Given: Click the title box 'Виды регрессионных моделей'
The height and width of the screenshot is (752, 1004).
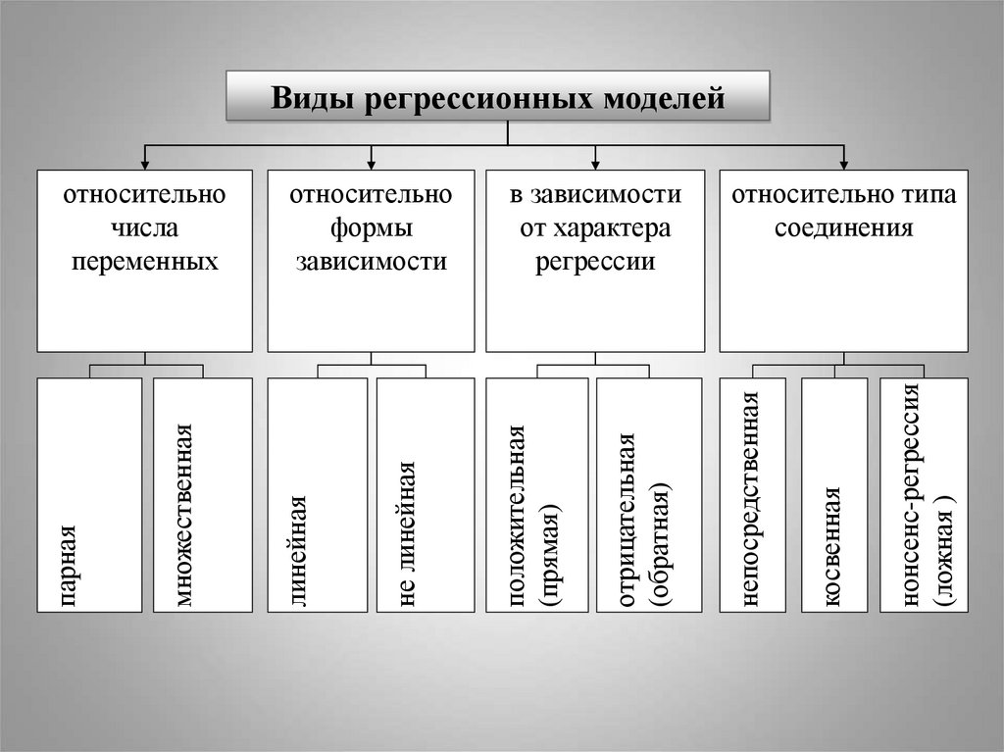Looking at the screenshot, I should click(x=498, y=96).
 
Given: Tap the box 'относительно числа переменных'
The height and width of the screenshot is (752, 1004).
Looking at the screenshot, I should click(x=144, y=261).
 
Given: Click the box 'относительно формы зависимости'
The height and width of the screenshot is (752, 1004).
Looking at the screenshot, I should click(x=370, y=261).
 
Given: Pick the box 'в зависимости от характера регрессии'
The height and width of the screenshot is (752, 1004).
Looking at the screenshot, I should click(x=595, y=261).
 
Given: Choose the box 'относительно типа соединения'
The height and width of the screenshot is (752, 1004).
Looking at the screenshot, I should click(x=843, y=261).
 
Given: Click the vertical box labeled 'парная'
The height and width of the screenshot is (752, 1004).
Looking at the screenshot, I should click(x=89, y=495).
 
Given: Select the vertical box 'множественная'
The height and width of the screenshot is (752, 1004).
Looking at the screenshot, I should click(x=202, y=495).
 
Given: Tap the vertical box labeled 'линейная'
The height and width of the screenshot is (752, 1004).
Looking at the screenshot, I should click(x=316, y=495).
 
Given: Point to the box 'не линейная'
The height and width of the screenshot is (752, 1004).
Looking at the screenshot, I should click(x=426, y=495).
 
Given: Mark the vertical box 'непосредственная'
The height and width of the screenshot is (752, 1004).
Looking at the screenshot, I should click(x=752, y=495).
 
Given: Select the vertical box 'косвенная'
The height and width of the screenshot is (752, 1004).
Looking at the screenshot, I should click(x=834, y=495).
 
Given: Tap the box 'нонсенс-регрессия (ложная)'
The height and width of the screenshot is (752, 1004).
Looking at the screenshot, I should click(x=924, y=495).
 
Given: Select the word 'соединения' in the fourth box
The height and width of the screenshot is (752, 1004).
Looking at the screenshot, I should click(x=843, y=229).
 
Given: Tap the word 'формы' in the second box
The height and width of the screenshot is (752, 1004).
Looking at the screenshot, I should click(x=370, y=229).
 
